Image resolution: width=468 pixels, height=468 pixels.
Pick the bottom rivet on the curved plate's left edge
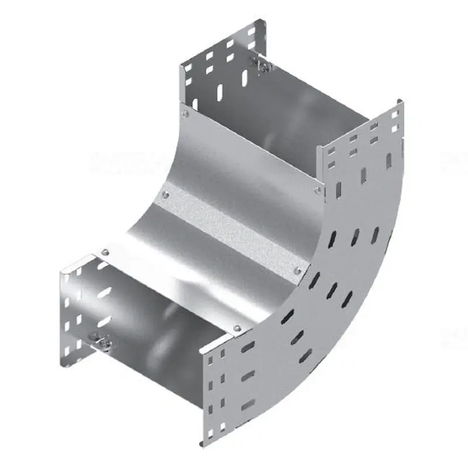pyautogui.click(x=105, y=253)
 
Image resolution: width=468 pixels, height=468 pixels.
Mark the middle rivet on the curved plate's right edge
pyautogui.click(x=297, y=270)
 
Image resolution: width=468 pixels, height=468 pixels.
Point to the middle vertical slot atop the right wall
pyautogui.click(x=363, y=175)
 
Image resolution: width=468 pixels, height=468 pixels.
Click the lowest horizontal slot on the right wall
pyautogui.click(x=248, y=404)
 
